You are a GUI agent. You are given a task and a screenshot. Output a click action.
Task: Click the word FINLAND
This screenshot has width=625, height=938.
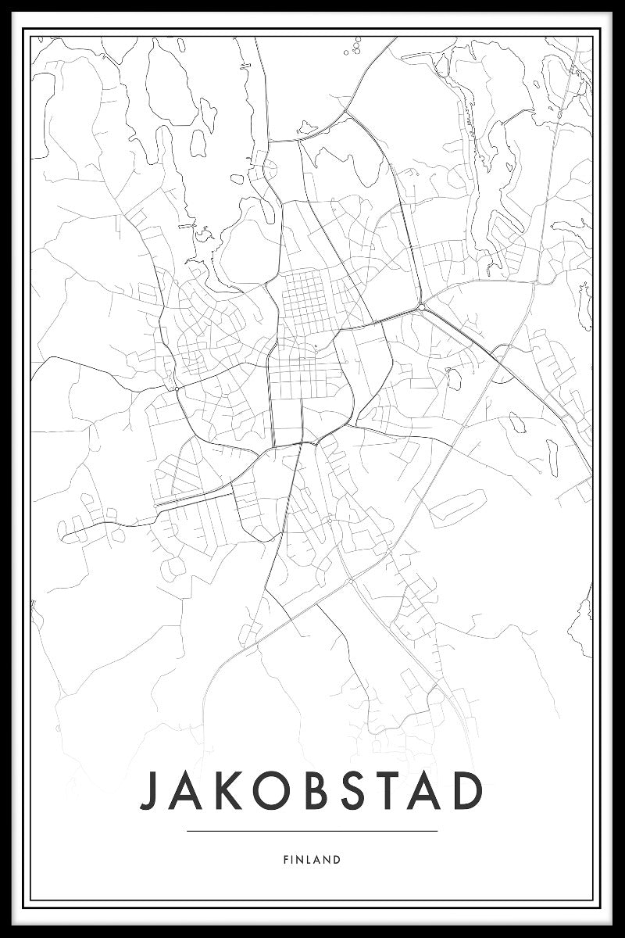coord(312,860)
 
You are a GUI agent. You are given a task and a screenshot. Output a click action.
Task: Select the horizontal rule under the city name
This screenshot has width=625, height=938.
coord(312,831)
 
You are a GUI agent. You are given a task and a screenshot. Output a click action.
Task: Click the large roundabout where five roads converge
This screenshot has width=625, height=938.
coord(421,306)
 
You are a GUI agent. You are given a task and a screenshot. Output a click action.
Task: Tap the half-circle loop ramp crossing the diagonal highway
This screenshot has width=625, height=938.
coord(505,364)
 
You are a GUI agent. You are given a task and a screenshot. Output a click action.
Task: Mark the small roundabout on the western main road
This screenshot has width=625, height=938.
coord(177,387)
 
